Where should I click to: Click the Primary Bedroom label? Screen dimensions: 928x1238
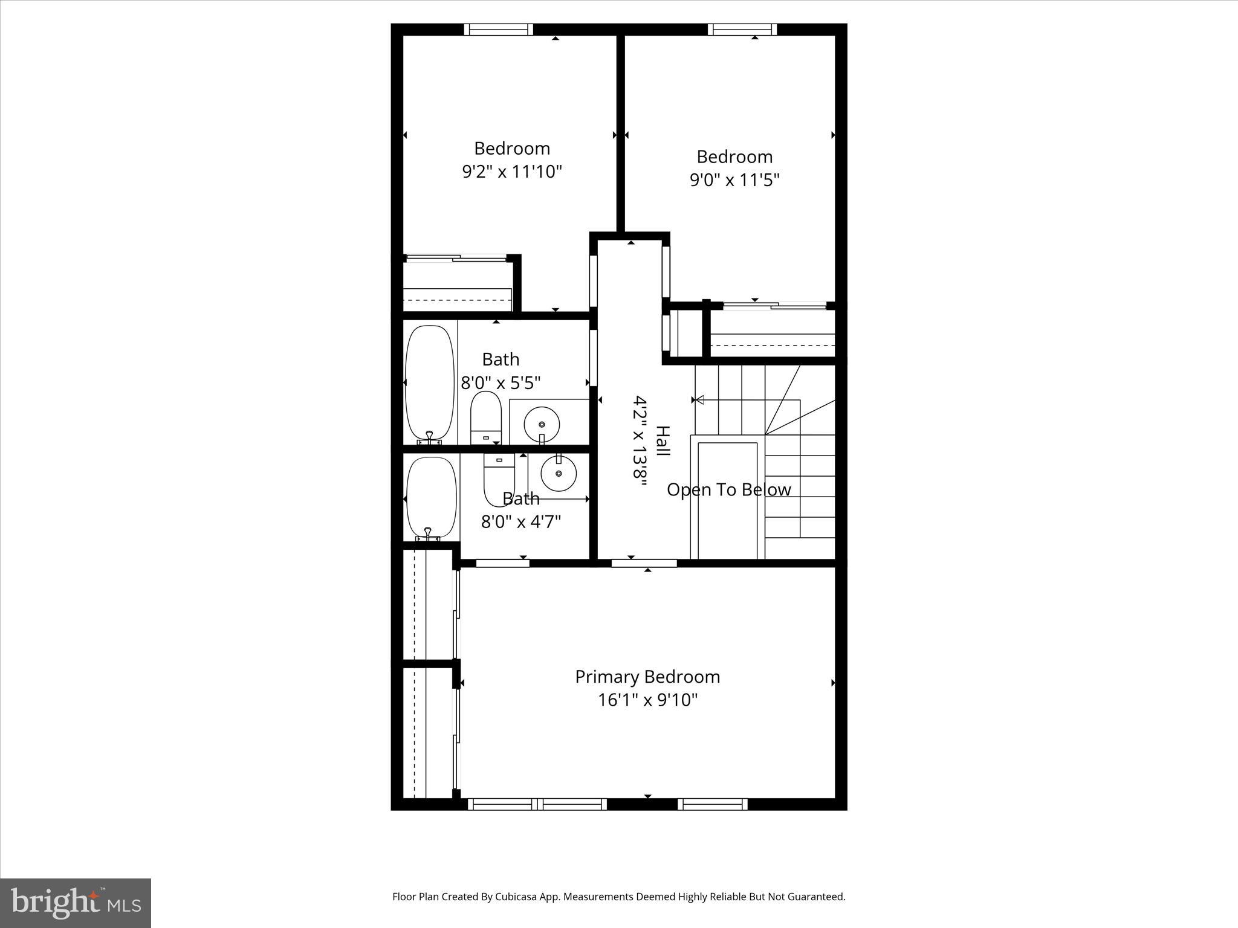click(647, 677)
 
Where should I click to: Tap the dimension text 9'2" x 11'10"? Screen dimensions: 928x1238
click(512, 172)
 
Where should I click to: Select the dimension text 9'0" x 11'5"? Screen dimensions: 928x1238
click(734, 179)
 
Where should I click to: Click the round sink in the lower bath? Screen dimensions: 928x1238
click(559, 473)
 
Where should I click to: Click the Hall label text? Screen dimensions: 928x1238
click(663, 442)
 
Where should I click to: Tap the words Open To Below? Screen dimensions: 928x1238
click(728, 489)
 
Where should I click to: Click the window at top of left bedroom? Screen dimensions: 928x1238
click(499, 30)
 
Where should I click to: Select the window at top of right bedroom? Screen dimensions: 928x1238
click(742, 30)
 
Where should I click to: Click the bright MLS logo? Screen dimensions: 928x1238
click(76, 903)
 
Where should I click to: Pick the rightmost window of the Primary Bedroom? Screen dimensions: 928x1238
click(712, 804)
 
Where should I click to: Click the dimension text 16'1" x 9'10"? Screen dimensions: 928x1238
click(647, 700)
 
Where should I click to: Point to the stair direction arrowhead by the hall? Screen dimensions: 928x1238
click(700, 399)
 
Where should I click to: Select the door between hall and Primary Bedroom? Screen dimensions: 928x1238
click(644, 564)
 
